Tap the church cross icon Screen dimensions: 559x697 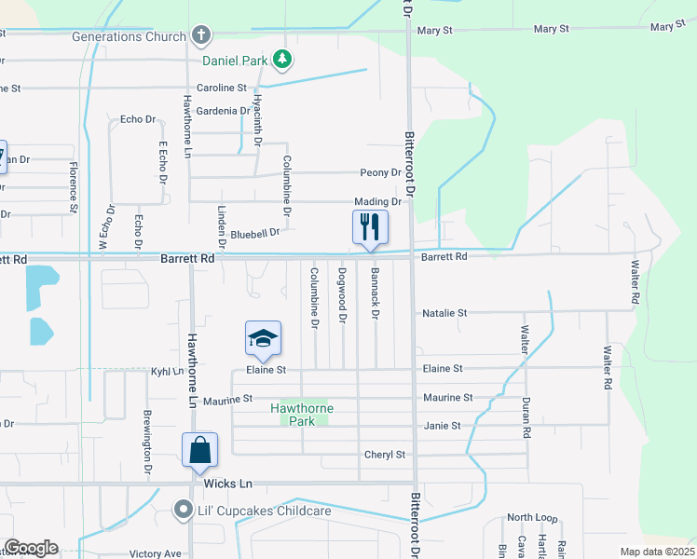coord(199,36)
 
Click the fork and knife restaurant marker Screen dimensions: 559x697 coord(370,226)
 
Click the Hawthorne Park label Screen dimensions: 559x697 coord(302,415)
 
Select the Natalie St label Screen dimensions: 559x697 coord(444,313)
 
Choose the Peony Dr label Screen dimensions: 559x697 coord(380,172)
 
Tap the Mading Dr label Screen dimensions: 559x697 coord(377,201)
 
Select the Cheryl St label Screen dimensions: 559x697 coord(385,455)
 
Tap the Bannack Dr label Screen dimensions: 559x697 coord(376,293)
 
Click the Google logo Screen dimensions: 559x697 coord(31,548)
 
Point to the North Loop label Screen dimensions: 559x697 coord(532,517)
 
